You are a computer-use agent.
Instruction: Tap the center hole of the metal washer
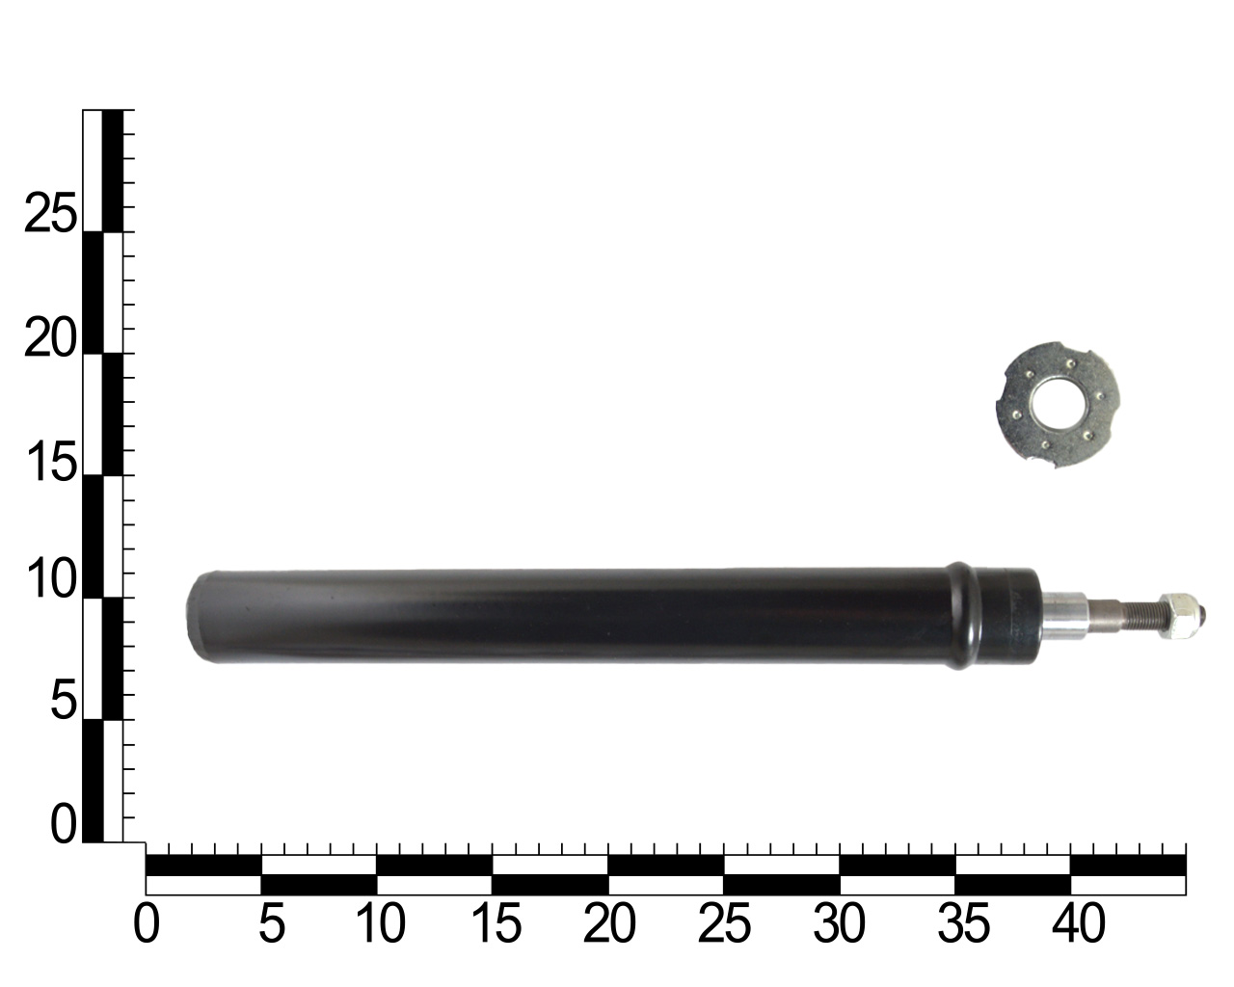[x=1053, y=406]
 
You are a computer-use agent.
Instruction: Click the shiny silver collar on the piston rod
[x=1066, y=615]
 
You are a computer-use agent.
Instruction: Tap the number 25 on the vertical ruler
[x=50, y=214]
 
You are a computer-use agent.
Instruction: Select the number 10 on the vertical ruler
[x=50, y=582]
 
